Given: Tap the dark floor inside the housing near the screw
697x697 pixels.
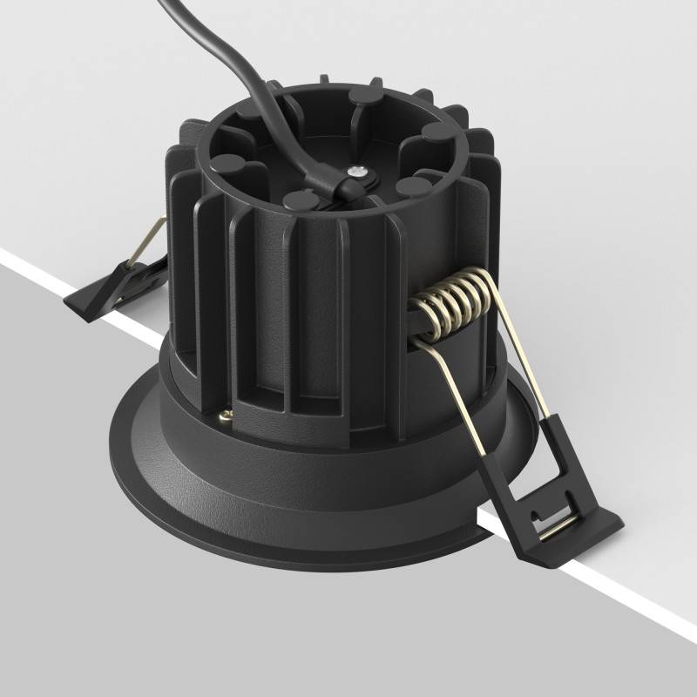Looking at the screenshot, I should coord(383,157).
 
